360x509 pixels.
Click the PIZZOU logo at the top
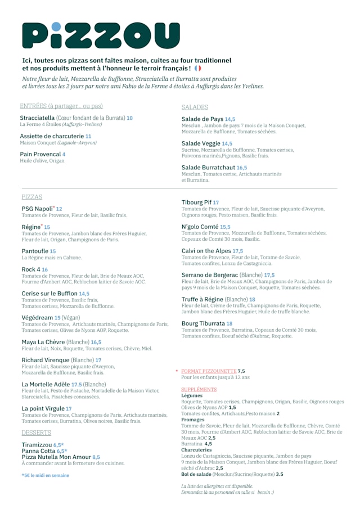(x=101, y=35)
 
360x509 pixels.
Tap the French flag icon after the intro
(x=197, y=68)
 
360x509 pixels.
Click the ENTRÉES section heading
(x=61, y=106)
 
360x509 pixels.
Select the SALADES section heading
(x=195, y=107)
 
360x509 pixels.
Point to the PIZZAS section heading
(x=32, y=197)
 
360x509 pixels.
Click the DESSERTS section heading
(x=37, y=433)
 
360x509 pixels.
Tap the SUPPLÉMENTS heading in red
(x=199, y=389)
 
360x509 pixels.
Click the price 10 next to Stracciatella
(x=129, y=118)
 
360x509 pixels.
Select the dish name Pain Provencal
(x=40, y=154)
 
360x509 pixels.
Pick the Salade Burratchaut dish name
(x=208, y=168)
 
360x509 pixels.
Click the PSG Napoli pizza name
(x=37, y=209)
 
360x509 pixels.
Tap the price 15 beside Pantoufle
(x=53, y=251)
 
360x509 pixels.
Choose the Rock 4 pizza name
(x=31, y=269)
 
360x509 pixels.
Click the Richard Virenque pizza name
(x=46, y=360)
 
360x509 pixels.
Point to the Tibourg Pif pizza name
(x=196, y=202)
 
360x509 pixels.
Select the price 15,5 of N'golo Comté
(x=225, y=227)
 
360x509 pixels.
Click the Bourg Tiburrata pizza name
(x=203, y=323)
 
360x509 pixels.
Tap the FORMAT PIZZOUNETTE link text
(x=209, y=371)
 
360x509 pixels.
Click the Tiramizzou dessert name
(x=37, y=444)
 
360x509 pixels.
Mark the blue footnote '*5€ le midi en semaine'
(x=45, y=475)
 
